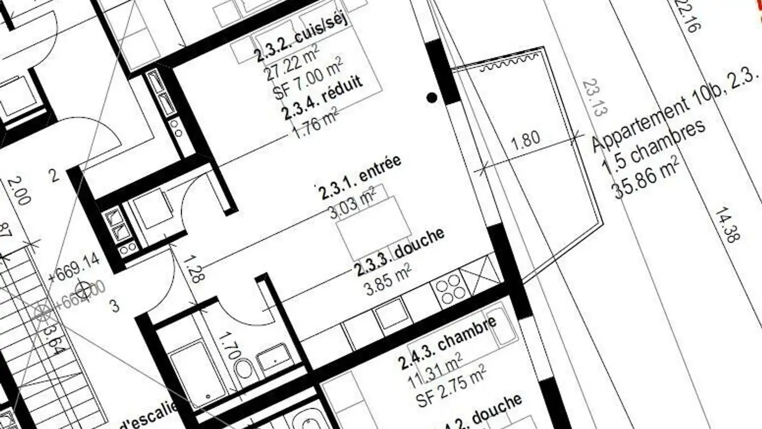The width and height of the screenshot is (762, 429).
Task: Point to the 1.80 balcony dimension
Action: click(x=527, y=139)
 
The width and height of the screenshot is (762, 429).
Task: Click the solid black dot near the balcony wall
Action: click(x=432, y=97)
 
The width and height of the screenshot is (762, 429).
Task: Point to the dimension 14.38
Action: click(x=727, y=225)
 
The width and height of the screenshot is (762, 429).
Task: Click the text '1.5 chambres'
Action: click(x=654, y=146)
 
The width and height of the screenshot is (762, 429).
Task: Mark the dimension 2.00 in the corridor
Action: click(x=19, y=191)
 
